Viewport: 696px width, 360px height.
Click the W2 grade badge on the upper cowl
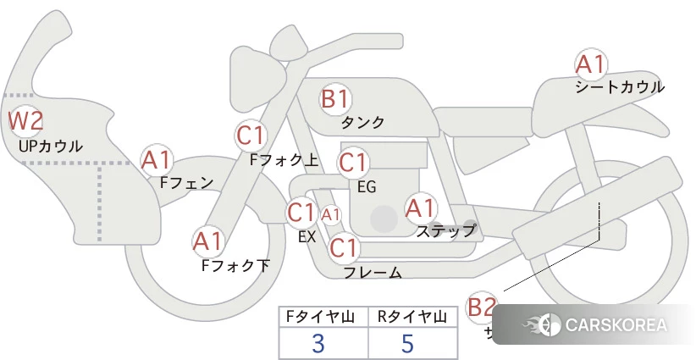25,120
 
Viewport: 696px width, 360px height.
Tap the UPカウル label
50,147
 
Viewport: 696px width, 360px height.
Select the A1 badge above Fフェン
157,159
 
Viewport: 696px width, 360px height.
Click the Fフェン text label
186,181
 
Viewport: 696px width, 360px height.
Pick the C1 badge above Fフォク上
251,135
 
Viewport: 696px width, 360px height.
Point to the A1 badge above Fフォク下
208,241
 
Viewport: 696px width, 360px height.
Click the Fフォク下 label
235,265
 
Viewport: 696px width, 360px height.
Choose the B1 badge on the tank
335,99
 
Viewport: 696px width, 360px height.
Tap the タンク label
362,123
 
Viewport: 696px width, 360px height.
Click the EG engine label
367,186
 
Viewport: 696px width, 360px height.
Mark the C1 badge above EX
301,211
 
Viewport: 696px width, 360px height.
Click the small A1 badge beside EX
330,215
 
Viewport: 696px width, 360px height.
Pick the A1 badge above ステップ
421,207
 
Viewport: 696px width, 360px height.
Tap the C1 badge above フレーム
344,248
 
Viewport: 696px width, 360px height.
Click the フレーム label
373,273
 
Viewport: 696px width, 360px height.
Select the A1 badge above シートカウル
590,64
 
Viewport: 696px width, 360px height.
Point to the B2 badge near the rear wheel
482,307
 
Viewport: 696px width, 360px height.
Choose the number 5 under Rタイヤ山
407,343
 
